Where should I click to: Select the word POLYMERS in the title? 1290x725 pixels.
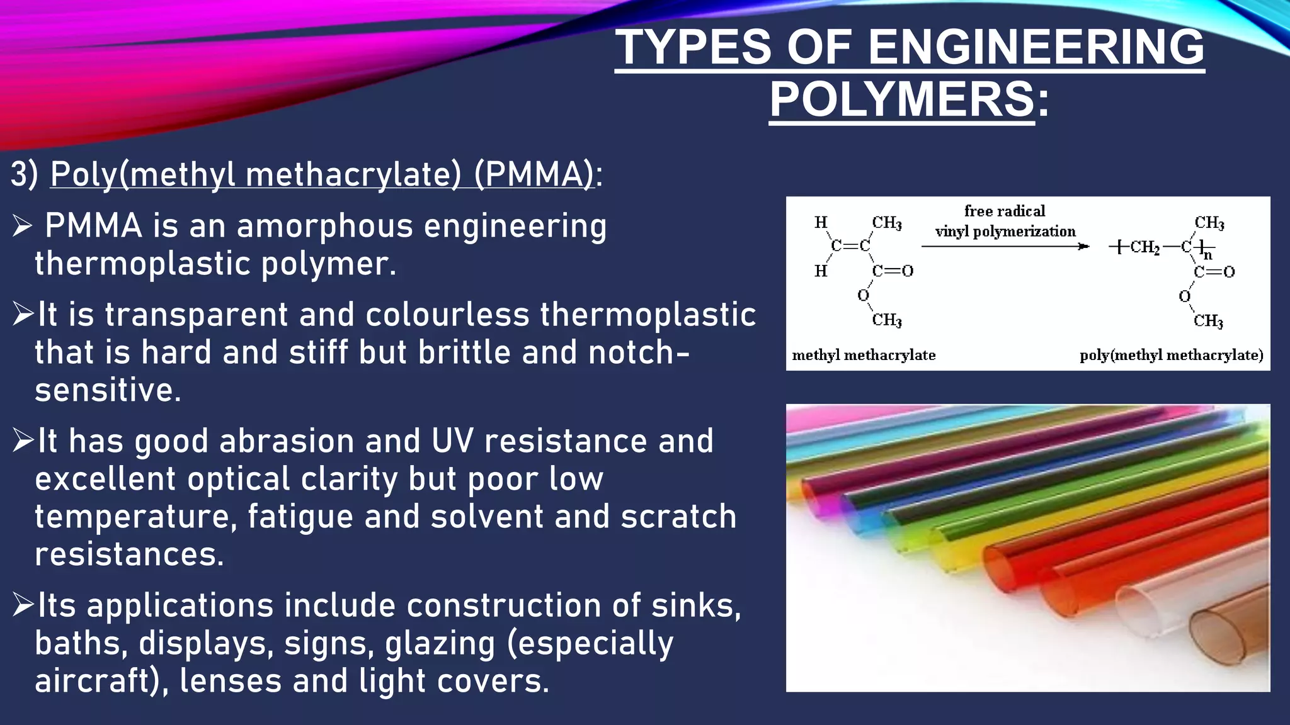coord(901,99)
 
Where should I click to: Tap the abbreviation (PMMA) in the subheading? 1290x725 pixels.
coord(534,174)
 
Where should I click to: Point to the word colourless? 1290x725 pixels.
coord(447,315)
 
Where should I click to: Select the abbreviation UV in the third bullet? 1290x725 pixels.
coord(452,441)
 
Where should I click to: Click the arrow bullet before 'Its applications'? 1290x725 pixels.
coord(23,605)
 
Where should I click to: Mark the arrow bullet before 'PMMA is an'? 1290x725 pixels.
coord(23,226)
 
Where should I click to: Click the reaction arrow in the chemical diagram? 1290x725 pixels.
coord(1005,246)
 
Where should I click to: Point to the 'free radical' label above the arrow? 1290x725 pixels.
coord(1005,211)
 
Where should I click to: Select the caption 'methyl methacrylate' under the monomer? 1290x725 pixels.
coord(864,356)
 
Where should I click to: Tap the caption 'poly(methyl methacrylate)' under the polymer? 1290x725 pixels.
coord(1172,356)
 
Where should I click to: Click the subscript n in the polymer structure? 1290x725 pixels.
coord(1207,256)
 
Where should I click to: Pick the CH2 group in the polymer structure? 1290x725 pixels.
coord(1144,247)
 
